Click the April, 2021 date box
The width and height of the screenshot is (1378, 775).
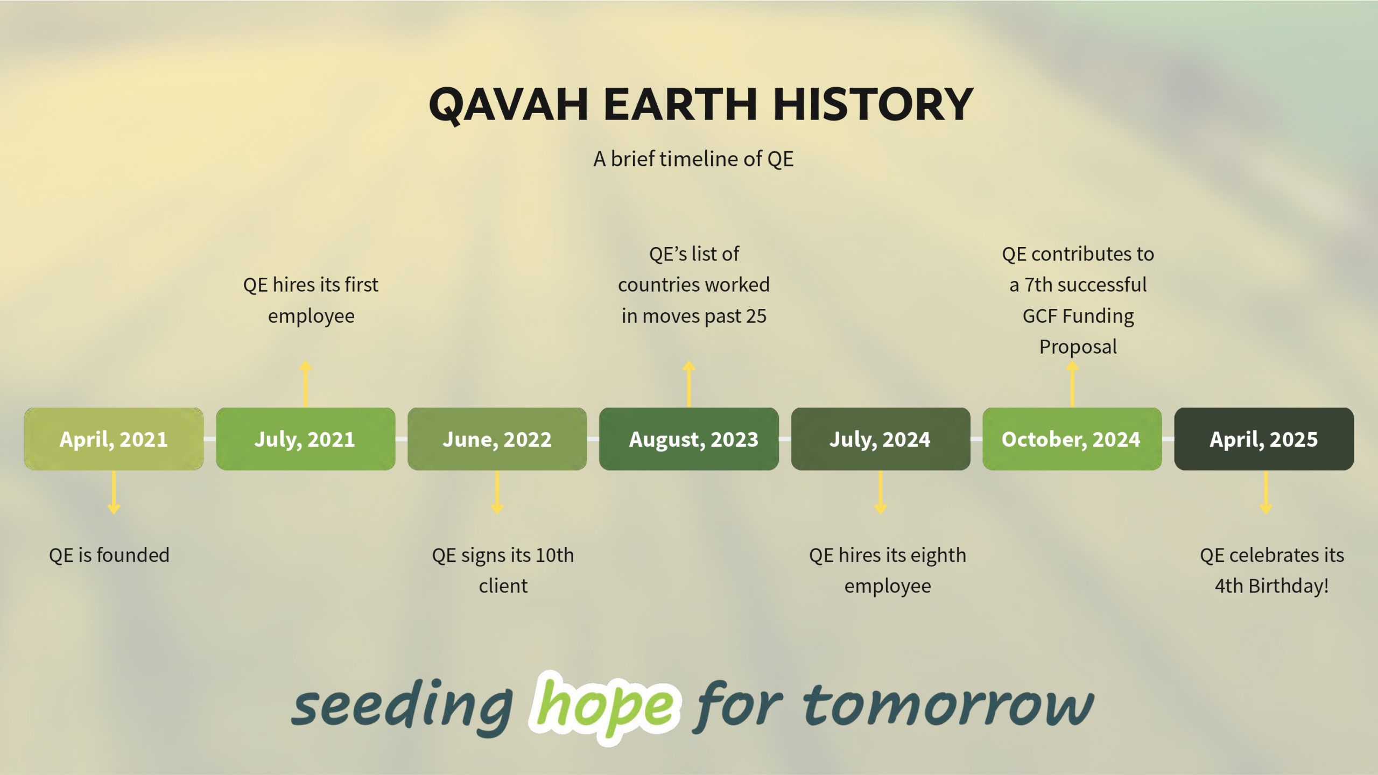[x=114, y=439]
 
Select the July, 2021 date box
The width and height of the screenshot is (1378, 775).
[x=305, y=439]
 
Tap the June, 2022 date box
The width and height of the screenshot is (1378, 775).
[x=497, y=439]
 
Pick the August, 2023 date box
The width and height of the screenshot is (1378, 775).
[x=688, y=439]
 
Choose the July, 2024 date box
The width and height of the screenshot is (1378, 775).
[x=880, y=439]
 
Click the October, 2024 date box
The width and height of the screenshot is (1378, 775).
[x=1072, y=439]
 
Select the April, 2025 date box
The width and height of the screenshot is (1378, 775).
[x=1264, y=439]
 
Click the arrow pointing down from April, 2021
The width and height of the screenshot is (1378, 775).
[x=114, y=492]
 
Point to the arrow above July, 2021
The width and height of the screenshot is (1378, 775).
[x=305, y=384]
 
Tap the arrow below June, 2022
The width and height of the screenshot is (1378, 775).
[x=497, y=492]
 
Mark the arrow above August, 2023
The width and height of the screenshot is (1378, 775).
[x=688, y=384]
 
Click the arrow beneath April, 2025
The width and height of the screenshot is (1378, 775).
[x=1265, y=492]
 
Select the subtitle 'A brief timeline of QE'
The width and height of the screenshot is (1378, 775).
[x=693, y=159]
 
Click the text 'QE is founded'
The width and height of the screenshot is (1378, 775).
[x=109, y=555]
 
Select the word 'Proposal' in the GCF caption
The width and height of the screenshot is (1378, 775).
[x=1078, y=347]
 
